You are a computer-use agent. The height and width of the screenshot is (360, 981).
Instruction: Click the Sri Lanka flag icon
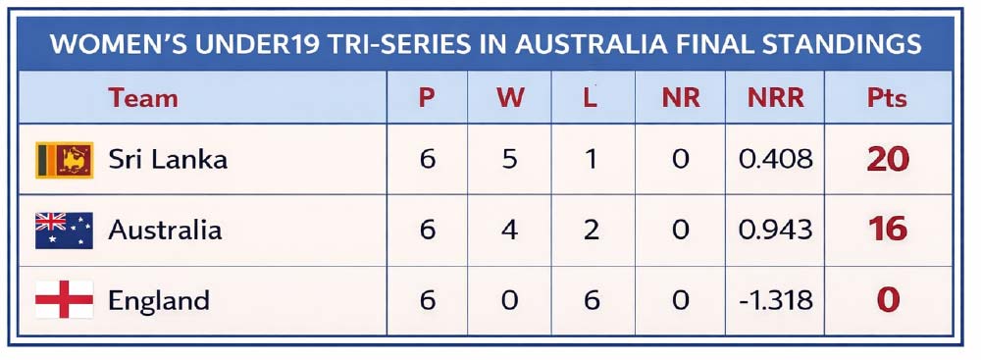[65, 160]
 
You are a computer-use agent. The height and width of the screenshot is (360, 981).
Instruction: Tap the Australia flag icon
[65, 231]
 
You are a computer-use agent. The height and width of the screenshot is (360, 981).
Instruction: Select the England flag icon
[65, 300]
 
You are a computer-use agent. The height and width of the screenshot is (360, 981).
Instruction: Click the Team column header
[143, 98]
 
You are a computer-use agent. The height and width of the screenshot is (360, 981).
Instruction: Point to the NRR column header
[776, 98]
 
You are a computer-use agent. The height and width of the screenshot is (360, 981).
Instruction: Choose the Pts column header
[887, 98]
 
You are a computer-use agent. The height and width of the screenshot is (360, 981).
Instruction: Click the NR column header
[681, 98]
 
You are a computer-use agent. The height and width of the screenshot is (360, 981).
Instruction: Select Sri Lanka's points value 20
[888, 160]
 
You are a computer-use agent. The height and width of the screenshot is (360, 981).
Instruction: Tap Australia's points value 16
[888, 230]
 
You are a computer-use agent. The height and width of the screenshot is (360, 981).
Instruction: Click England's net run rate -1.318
[776, 300]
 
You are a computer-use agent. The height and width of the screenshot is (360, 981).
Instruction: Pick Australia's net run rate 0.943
[776, 230]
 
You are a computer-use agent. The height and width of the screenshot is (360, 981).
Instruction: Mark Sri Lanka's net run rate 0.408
[776, 160]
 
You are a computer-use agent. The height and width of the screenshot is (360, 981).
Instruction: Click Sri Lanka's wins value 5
[510, 160]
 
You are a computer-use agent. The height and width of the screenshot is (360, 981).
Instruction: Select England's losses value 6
[591, 300]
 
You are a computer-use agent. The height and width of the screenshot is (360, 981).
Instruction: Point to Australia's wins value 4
[510, 230]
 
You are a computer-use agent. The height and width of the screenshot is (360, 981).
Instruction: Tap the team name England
[159, 301]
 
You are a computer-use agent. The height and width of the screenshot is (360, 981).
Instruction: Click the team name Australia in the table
[165, 230]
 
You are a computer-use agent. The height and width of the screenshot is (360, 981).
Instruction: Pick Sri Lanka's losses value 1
[591, 160]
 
